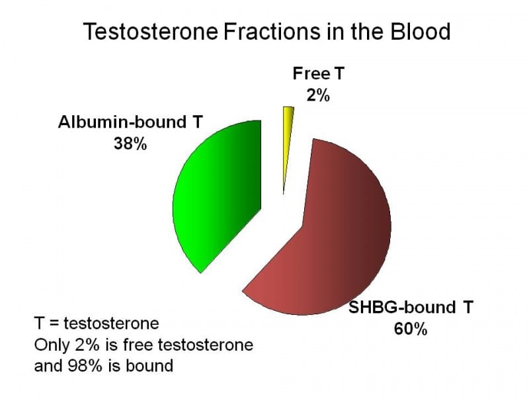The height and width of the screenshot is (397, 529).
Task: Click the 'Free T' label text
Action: click(318, 75)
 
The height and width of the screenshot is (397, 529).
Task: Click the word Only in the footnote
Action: click(50, 345)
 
